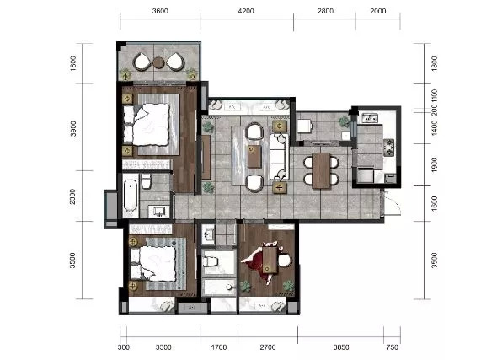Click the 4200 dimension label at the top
coord(246,11)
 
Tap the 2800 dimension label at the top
coord(325,11)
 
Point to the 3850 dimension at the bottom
coord(341,347)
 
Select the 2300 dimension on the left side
coord(73,196)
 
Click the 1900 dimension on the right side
coord(434,164)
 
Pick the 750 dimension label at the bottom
coord(392,347)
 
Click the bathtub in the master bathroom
coord(131,196)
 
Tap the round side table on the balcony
coord(158,62)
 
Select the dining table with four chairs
coord(321,171)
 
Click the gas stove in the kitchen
coord(389,148)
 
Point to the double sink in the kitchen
coord(370,118)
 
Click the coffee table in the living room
coord(254,156)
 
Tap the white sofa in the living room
coord(279,156)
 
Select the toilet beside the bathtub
coord(146,181)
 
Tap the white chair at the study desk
coord(285,261)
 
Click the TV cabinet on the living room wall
coord(206,157)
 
